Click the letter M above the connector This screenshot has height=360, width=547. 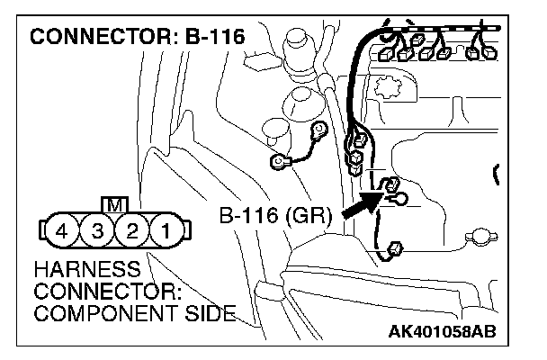(x=114, y=204)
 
